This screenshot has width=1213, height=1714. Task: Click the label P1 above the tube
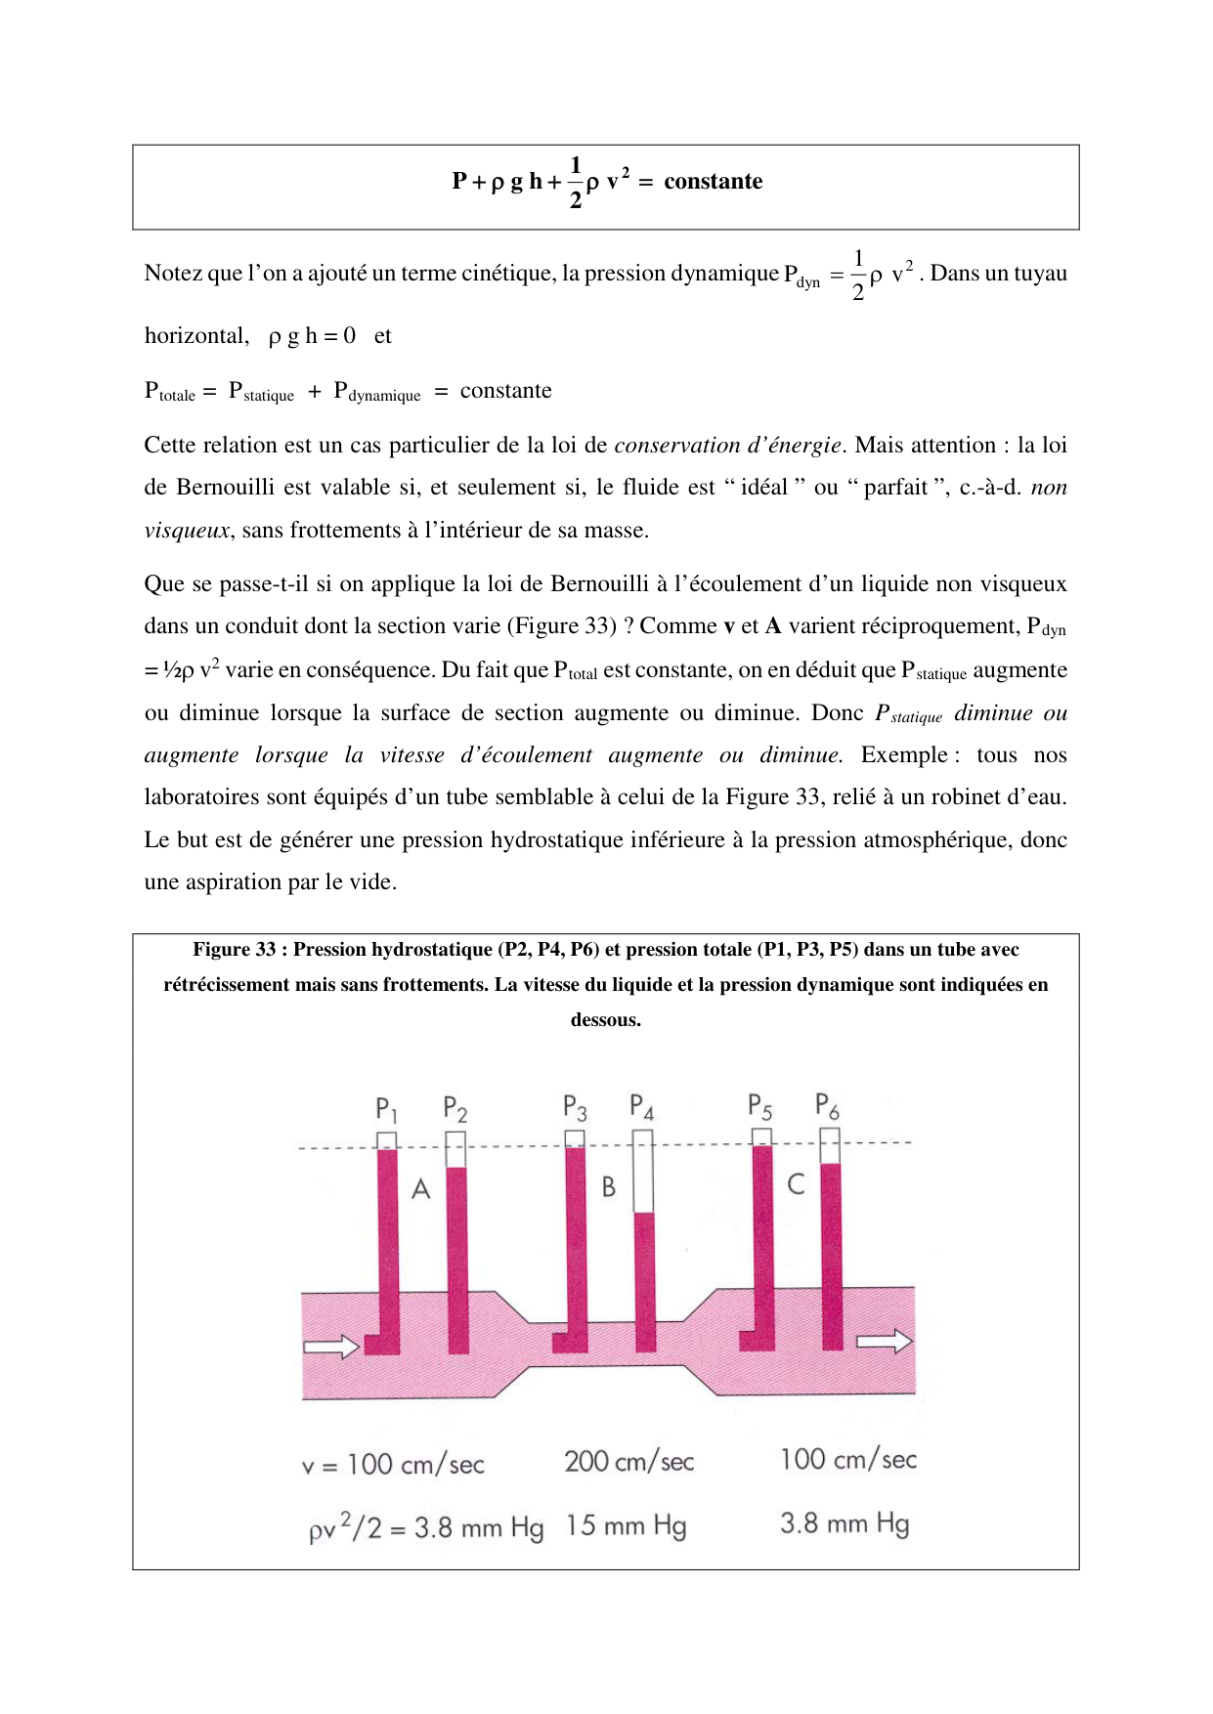(386, 1109)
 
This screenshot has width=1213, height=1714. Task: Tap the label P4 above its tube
(641, 1107)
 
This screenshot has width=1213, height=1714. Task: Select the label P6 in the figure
(827, 1105)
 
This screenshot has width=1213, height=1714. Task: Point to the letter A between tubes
(421, 1189)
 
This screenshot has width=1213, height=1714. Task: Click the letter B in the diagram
(609, 1187)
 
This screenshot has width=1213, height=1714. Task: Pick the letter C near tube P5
(796, 1184)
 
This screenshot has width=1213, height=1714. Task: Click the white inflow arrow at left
(331, 1348)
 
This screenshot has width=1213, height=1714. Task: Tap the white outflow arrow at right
(885, 1342)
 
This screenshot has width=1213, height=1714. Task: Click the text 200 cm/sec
(628, 1462)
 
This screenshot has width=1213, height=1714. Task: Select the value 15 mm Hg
(626, 1526)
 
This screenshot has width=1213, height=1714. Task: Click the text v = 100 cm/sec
(393, 1465)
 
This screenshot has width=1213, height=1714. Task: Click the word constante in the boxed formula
(713, 182)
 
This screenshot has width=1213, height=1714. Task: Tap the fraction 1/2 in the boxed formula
(576, 182)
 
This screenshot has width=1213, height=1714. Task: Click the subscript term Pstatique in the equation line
(261, 392)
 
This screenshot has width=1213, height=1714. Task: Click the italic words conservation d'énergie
(727, 446)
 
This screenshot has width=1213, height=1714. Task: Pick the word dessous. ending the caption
(606, 1020)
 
